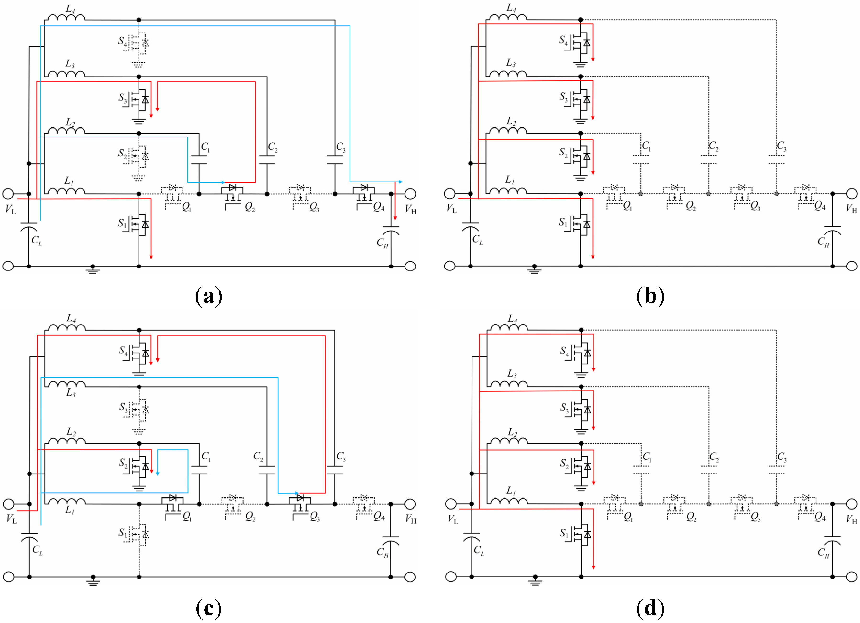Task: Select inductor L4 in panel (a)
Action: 66,17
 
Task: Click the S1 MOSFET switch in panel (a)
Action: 139,225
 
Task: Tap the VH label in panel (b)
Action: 852,209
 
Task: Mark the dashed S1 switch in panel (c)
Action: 139,535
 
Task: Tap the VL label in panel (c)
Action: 11,519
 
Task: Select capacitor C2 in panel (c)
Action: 267,470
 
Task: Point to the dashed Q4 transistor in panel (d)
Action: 806,505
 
